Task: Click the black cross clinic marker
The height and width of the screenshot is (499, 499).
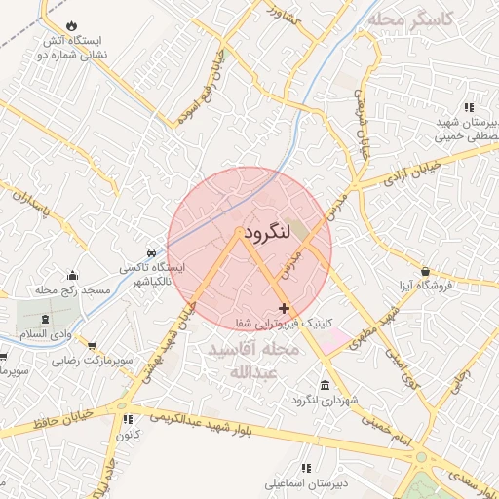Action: pos(284,308)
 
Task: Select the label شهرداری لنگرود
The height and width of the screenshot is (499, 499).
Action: pos(326,401)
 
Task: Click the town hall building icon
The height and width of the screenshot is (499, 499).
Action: pos(325,385)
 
